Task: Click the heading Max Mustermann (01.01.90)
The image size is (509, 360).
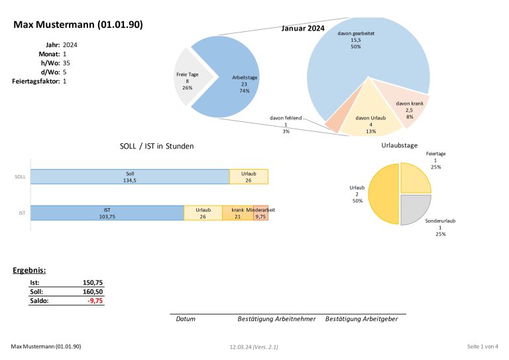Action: (78, 25)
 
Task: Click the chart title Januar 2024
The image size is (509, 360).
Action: (304, 29)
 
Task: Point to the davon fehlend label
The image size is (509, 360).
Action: (286, 118)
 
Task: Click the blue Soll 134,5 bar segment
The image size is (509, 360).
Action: (130, 176)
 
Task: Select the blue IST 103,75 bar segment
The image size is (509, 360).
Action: (107, 213)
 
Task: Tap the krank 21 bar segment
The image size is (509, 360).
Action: (237, 213)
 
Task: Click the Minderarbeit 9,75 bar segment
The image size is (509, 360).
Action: (260, 213)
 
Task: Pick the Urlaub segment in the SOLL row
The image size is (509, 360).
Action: (249, 176)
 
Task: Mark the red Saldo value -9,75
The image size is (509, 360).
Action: (97, 300)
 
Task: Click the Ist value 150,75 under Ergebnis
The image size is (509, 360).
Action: (92, 282)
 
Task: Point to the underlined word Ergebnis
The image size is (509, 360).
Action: (28, 270)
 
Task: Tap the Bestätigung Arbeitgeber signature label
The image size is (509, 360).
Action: (362, 319)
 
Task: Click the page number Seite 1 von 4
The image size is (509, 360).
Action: (482, 346)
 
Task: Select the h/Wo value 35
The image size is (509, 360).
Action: (66, 63)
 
